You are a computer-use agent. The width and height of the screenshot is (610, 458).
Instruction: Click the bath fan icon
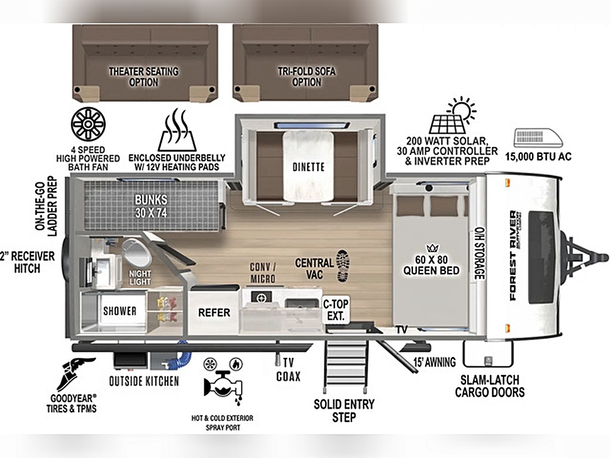(x=88, y=124)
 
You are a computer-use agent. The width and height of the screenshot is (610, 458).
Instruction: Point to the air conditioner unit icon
(x=538, y=138)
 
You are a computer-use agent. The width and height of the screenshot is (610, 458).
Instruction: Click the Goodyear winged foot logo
(x=76, y=374)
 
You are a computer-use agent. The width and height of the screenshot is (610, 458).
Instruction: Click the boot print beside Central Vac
(x=343, y=266)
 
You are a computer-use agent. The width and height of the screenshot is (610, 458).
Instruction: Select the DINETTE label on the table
(x=309, y=167)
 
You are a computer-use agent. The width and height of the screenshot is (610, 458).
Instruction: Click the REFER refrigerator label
(x=214, y=312)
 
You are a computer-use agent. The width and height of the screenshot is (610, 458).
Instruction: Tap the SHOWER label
(x=120, y=311)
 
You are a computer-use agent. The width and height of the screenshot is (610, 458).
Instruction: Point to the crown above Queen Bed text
(x=432, y=248)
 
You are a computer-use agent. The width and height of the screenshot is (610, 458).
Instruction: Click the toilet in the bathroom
(x=136, y=252)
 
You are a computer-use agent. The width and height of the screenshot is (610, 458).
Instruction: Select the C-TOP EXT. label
(x=335, y=310)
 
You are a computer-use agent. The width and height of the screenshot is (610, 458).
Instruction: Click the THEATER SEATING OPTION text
(x=143, y=77)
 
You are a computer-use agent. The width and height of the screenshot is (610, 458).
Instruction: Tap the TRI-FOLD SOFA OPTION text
(x=307, y=76)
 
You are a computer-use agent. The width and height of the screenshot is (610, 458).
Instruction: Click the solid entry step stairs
(x=345, y=366)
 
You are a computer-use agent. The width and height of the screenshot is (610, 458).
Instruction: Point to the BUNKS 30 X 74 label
(x=151, y=206)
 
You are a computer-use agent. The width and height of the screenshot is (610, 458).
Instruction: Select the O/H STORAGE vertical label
(x=479, y=253)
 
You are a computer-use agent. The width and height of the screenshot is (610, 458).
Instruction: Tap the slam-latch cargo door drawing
(x=488, y=354)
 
